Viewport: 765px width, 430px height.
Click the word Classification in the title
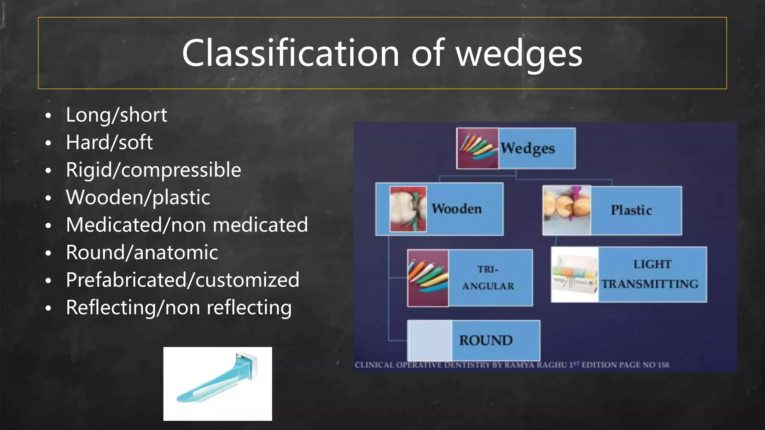coord(290,53)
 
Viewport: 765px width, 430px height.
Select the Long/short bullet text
coord(116,115)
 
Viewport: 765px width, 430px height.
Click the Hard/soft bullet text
coord(109,143)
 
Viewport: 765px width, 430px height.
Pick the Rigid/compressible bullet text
coord(153,170)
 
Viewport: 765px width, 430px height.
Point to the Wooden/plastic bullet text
coord(138,197)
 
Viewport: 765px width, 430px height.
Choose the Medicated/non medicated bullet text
coord(187,225)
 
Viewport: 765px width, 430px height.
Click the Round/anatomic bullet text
coord(142,253)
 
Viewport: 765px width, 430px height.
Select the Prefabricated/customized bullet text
coord(182,280)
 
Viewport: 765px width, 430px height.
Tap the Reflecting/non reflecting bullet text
coord(179,308)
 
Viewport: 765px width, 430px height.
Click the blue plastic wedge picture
coord(217,384)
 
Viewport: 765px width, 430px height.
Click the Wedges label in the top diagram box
coord(527,149)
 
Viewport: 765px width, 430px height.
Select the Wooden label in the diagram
coord(456,209)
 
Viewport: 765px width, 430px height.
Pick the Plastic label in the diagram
coord(631,211)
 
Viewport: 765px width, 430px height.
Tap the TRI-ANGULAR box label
coord(488,278)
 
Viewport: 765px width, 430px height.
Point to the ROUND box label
coord(486,340)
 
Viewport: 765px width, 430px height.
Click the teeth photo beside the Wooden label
coord(408,209)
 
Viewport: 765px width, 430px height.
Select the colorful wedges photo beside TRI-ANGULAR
coord(428,278)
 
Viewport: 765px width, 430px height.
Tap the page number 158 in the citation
coord(663,365)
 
